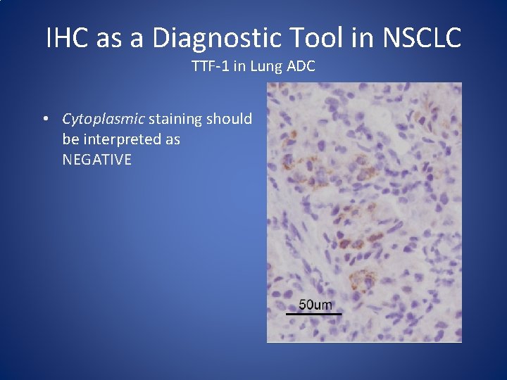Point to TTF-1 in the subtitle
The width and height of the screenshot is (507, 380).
tap(207, 67)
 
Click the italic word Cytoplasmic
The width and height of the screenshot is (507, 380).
tap(104, 119)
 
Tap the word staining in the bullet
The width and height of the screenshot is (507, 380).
tap(176, 119)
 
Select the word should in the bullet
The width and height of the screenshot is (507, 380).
tap(230, 119)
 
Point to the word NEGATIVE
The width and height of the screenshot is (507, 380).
tap(97, 160)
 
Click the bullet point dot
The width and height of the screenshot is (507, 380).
tap(45, 119)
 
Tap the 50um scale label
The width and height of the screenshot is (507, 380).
tap(315, 305)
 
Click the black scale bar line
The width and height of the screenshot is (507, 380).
tap(315, 313)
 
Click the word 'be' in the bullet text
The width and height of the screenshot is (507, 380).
tap(70, 139)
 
